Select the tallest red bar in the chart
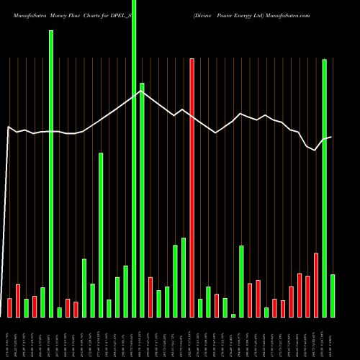pos(192,187)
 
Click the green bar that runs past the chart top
pos(134,158)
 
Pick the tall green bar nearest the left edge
pos(51,173)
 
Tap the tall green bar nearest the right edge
pos(325,187)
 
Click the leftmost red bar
pos(9,307)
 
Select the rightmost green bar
pos(333,295)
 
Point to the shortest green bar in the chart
pos(233,315)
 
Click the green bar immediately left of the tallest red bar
pos(184,277)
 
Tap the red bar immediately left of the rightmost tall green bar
pos(316,285)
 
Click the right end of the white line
pos(331,137)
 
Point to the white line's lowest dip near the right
pos(315,150)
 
